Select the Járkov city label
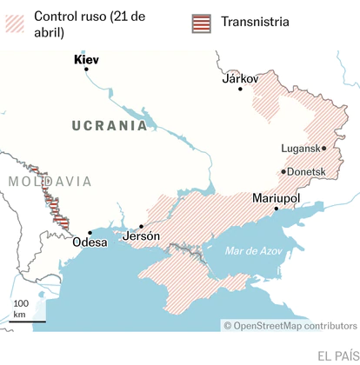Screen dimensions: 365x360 (241, 78)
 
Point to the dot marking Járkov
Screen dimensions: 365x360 (241, 89)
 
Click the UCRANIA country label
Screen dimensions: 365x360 (110, 125)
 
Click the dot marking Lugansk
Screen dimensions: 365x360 (323, 149)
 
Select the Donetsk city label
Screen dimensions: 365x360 (306, 171)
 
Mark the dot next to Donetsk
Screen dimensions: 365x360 (283, 171)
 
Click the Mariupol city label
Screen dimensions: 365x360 (275, 198)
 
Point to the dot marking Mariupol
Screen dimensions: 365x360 (276, 209)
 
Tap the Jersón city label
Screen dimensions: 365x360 (142, 236)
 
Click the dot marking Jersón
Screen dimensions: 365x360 (142, 226)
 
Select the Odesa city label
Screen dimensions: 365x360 (90, 242)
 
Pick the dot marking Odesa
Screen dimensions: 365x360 (90, 233)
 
